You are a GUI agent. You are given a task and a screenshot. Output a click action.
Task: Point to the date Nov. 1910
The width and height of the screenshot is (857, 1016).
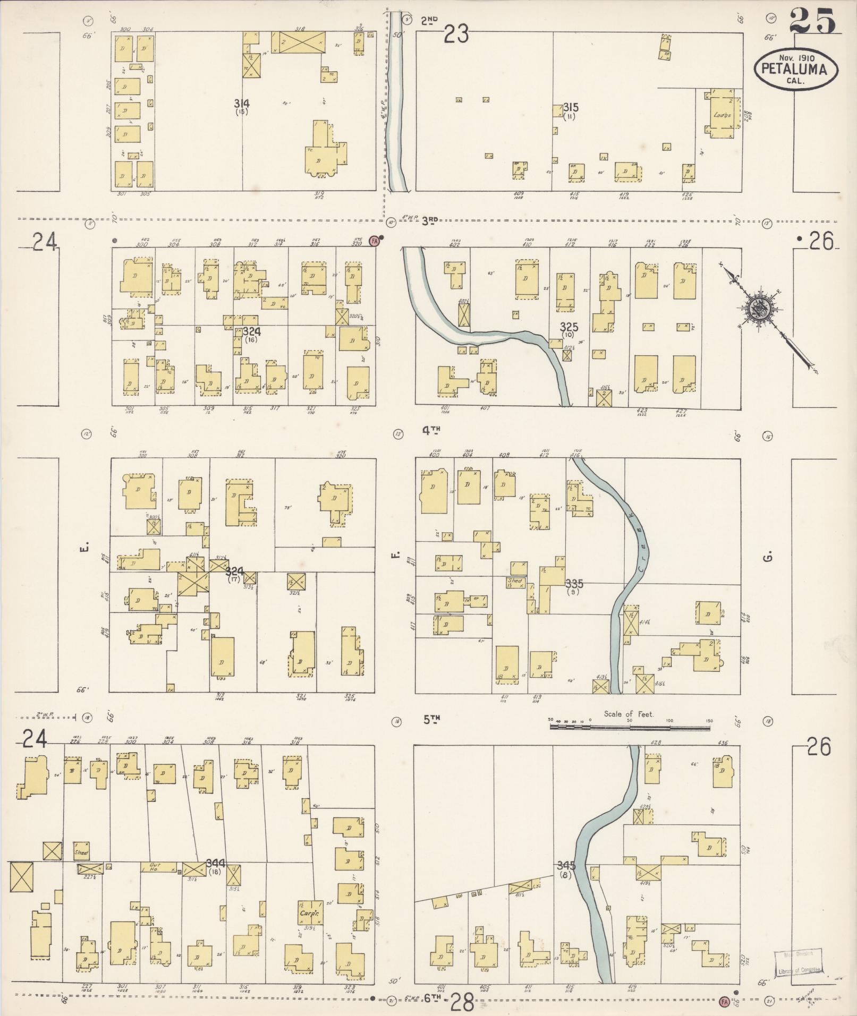point(796,57)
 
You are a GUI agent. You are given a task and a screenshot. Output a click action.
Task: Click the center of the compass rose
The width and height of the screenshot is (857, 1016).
point(755,308)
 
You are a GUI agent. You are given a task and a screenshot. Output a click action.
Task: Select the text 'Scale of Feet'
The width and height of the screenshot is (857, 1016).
point(629,714)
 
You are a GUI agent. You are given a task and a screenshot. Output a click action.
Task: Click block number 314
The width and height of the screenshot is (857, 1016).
point(244,103)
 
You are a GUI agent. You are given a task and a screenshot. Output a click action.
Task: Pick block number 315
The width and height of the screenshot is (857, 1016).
point(571,107)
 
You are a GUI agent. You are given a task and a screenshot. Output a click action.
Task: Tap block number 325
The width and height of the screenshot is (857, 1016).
point(568,327)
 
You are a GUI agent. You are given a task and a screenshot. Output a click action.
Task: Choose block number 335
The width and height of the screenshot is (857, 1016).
point(574,583)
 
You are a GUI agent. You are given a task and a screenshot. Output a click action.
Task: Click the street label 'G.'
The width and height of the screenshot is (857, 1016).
point(768,557)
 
